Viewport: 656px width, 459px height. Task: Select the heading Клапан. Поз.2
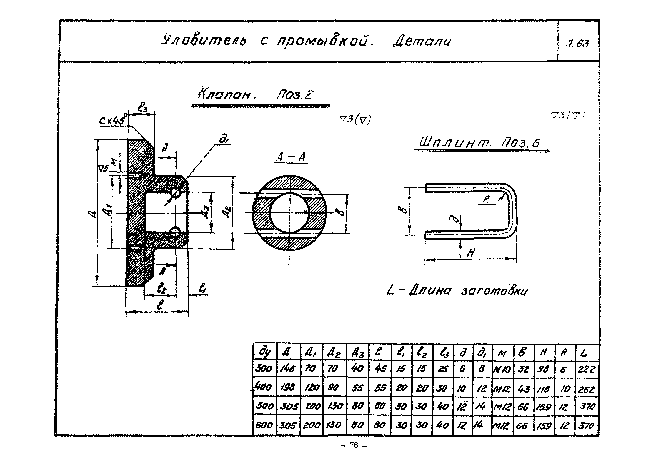tap(256, 94)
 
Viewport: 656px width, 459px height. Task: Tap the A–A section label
tap(291, 157)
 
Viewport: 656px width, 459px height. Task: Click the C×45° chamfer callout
tap(112, 120)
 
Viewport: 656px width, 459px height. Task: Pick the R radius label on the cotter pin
tap(486, 199)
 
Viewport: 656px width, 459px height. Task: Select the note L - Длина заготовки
tap(457, 291)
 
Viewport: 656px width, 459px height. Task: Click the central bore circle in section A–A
tap(289, 212)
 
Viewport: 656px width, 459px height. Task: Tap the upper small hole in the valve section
tap(176, 192)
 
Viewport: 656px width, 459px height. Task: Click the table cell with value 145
tap(288, 369)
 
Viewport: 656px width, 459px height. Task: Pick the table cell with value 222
tap(586, 369)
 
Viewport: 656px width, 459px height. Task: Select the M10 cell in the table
tap(502, 369)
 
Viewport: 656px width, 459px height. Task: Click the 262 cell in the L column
tap(586, 389)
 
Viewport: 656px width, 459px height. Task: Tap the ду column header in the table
tap(265, 352)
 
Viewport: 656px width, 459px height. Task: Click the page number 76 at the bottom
tap(354, 445)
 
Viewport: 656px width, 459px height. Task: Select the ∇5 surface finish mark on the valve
tap(103, 169)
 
